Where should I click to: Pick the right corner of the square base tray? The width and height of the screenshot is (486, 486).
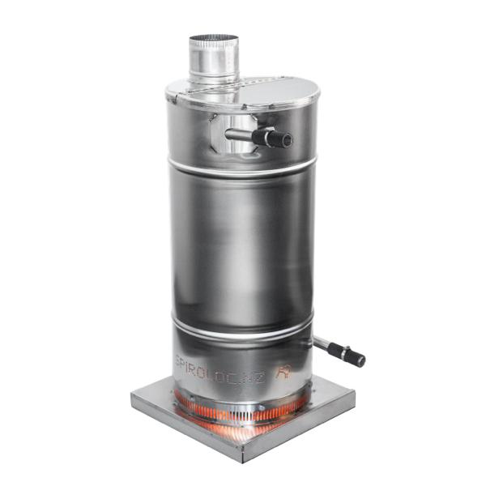pos(353,390)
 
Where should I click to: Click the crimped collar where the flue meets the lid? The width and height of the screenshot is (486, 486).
pos(212,77)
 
